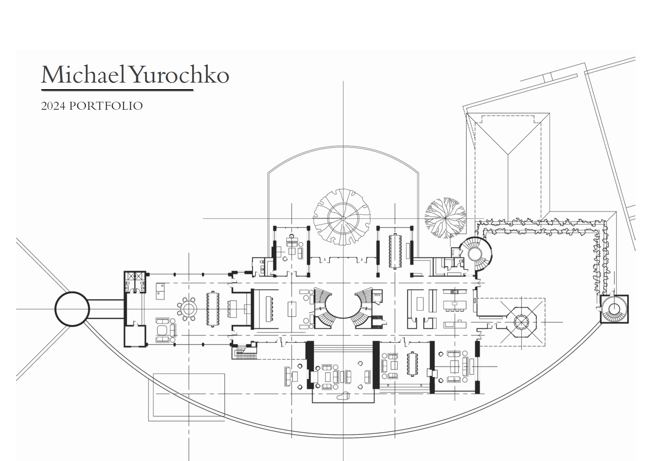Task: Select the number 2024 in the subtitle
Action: point(53,106)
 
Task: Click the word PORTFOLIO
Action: point(106,106)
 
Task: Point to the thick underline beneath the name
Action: point(117,90)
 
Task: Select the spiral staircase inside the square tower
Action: point(614,309)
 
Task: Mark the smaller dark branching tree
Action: point(445,218)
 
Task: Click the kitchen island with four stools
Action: point(455,305)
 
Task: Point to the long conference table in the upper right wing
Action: point(395,251)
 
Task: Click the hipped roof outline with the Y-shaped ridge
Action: point(508,165)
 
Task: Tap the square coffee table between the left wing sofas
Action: point(163,330)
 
